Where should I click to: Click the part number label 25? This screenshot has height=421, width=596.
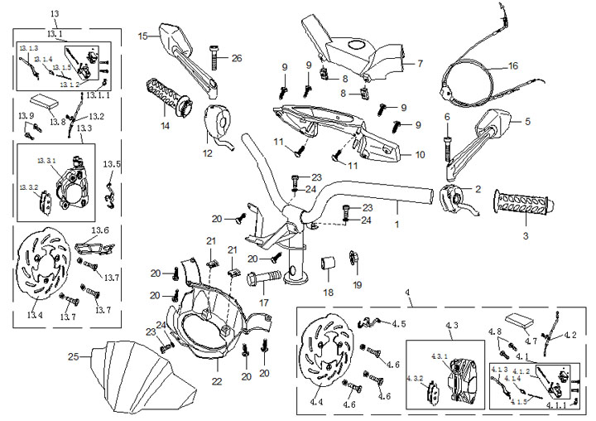click(73, 357)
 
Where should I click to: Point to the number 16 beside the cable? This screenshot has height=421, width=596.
click(512, 65)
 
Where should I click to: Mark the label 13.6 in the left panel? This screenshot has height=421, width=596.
click(100, 230)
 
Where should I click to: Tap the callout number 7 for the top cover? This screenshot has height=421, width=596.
click(420, 63)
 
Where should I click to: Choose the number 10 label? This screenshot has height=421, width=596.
click(420, 154)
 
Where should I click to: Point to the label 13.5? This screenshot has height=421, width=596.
click(112, 164)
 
